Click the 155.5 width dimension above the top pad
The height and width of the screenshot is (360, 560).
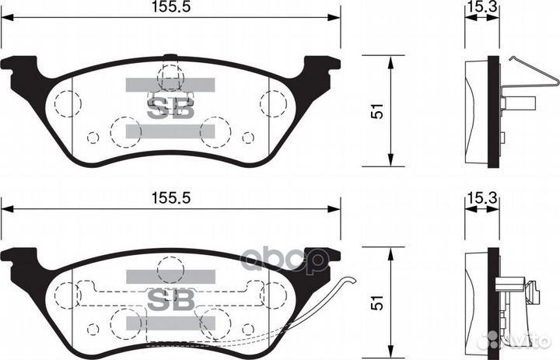pyautogui.click(x=170, y=8)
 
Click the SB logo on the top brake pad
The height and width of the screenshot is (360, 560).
pyautogui.click(x=170, y=108)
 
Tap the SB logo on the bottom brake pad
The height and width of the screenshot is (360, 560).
pyautogui.click(x=170, y=298)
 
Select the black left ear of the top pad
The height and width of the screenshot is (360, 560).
pyautogui.click(x=19, y=71)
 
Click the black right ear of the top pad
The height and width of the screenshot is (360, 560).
pyautogui.click(x=320, y=70)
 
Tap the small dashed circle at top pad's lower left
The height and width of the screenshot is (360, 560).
pyautogui.click(x=93, y=138)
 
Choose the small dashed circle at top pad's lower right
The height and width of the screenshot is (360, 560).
pyautogui.click(x=247, y=138)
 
